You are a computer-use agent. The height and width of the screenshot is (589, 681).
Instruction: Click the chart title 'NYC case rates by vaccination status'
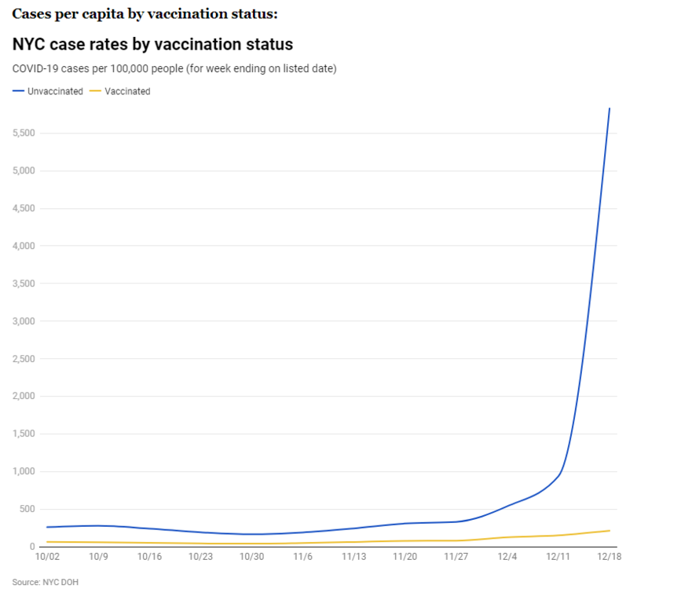tap(152, 44)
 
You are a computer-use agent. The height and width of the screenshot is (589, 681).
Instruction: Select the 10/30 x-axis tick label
tap(251, 557)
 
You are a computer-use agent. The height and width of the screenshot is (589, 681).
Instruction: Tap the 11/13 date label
tap(353, 557)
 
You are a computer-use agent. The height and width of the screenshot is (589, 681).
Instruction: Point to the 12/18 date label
tap(609, 557)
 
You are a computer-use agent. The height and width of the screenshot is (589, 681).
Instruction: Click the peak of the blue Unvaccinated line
tap(610, 108)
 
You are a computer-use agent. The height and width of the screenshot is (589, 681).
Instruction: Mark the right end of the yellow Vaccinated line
tap(610, 530)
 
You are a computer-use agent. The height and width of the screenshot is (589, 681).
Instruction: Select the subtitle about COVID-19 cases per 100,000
tap(174, 68)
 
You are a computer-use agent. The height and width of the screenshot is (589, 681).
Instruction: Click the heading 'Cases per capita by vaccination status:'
tap(145, 14)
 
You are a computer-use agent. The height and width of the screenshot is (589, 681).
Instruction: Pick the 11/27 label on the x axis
tap(456, 557)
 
